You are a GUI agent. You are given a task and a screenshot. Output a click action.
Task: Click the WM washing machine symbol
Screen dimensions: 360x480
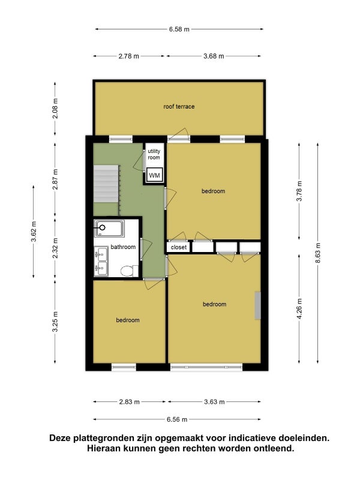click(154, 175)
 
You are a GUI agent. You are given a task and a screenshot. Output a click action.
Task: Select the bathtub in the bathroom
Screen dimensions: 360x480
click(109, 229)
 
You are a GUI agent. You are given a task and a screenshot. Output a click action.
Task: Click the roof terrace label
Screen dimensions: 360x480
click(179, 107)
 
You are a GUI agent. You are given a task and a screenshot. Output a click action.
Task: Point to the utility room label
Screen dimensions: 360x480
click(154, 154)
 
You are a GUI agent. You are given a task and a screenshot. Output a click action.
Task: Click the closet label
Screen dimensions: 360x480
click(178, 247)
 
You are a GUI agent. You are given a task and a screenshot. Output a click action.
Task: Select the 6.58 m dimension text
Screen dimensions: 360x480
click(179, 29)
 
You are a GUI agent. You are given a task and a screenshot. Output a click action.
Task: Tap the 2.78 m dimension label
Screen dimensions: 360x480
click(129, 56)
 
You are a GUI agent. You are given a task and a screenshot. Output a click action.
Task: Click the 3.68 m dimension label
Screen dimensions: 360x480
click(214, 56)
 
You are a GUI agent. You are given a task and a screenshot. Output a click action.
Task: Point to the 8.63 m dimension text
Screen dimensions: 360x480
click(318, 253)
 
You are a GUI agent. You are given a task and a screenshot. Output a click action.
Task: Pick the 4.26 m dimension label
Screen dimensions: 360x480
click(299, 308)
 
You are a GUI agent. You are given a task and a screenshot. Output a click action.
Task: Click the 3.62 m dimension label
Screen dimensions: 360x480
click(34, 232)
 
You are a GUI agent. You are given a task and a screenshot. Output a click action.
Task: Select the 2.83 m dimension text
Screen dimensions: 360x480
click(129, 402)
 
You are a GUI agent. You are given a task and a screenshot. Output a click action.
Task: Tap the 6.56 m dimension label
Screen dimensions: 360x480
click(177, 419)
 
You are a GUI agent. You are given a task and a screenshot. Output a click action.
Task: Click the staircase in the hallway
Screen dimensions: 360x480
click(106, 184)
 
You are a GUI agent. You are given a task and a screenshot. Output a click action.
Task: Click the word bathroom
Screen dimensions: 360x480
click(123, 247)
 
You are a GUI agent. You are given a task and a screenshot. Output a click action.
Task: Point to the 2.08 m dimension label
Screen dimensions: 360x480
click(55, 109)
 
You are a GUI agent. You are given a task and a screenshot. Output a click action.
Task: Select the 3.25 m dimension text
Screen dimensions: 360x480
click(55, 322)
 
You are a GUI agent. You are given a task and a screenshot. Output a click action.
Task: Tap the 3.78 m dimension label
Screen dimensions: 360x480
click(299, 191)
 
